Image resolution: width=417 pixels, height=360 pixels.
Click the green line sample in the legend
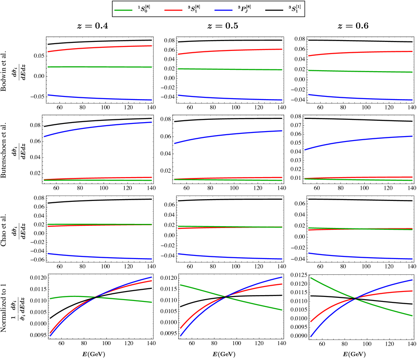(123, 10)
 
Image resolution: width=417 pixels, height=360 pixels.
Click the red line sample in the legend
(173, 10)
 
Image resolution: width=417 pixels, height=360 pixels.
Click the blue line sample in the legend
(223, 10)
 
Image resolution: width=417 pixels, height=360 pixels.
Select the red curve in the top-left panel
(99, 47)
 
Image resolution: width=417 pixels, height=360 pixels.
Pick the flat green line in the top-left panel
(99, 67)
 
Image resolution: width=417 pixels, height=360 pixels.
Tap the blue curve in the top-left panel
(99, 98)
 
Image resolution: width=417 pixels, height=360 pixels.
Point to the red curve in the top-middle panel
(230, 50)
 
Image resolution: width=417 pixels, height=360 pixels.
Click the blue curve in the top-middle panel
(230, 98)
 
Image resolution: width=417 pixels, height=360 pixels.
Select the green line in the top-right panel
(360, 71)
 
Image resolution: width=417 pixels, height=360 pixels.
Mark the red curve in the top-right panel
(360, 52)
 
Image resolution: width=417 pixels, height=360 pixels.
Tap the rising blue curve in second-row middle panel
(230, 134)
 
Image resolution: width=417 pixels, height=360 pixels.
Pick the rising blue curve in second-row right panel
(360, 140)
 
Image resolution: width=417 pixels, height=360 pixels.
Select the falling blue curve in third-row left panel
(99, 257)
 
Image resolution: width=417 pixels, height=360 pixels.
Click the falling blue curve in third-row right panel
(360, 257)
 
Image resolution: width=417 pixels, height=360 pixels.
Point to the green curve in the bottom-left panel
(126, 300)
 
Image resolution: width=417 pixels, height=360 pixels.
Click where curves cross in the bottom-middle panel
(225, 297)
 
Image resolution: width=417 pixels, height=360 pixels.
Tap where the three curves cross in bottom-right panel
(355, 298)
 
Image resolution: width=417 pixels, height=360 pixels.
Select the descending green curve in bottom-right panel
(387, 309)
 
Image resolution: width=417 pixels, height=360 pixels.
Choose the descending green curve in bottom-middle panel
(257, 304)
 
